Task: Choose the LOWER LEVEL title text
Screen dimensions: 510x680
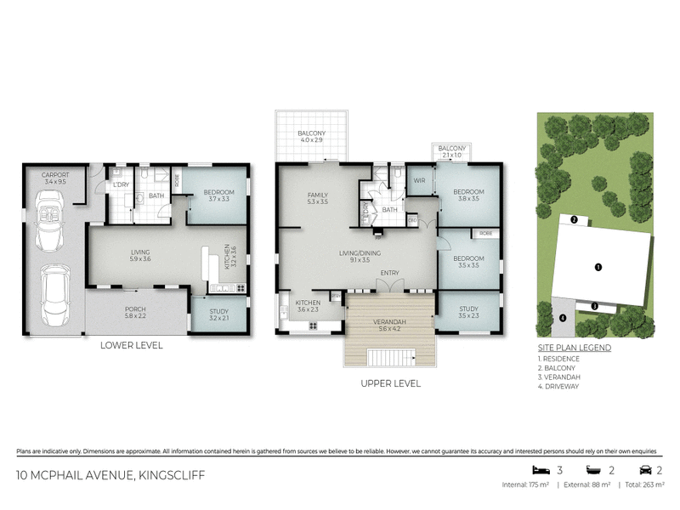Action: pos(131,345)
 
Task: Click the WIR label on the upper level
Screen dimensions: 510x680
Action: pos(418,180)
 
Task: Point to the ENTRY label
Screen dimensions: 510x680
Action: pos(390,273)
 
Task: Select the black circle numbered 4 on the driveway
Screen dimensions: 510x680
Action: pos(562,319)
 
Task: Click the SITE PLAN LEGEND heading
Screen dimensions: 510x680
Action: pos(574,348)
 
